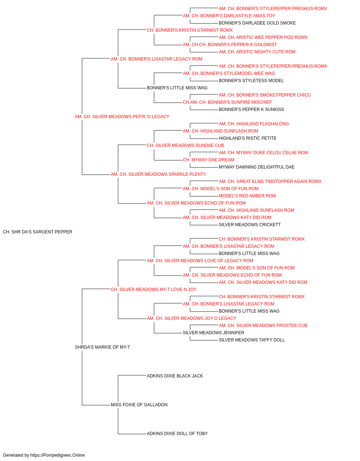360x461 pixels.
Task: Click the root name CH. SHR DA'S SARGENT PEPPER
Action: click(x=37, y=232)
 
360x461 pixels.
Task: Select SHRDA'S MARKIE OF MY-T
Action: click(x=102, y=347)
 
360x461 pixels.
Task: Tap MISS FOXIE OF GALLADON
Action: click(x=139, y=405)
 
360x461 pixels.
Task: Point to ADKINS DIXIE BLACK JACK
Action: click(x=175, y=376)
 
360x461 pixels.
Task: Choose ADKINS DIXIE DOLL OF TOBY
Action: click(x=177, y=434)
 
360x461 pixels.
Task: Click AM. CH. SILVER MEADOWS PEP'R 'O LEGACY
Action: click(x=122, y=117)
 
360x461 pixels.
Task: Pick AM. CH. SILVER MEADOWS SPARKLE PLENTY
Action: click(x=159, y=174)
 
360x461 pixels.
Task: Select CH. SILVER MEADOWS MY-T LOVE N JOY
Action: click(x=153, y=290)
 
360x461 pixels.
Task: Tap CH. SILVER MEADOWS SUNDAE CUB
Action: click(x=185, y=146)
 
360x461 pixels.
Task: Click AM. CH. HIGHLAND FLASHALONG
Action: click(x=254, y=124)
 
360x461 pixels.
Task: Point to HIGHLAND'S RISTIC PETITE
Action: click(x=248, y=138)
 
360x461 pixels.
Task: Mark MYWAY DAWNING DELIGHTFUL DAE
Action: click(x=257, y=167)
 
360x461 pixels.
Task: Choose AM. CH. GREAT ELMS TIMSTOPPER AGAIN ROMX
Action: click(x=270, y=182)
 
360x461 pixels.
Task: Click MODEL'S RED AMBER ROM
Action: click(x=247, y=196)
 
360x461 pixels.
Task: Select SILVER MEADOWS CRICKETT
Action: click(x=250, y=225)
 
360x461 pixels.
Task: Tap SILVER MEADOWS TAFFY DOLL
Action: click(x=252, y=340)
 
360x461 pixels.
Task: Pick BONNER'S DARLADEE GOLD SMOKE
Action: click(x=257, y=23)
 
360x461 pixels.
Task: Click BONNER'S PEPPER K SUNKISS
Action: click(x=251, y=109)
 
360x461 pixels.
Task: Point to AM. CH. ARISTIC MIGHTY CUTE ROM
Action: click(x=257, y=52)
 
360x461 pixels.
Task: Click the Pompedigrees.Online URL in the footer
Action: click(x=58, y=455)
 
